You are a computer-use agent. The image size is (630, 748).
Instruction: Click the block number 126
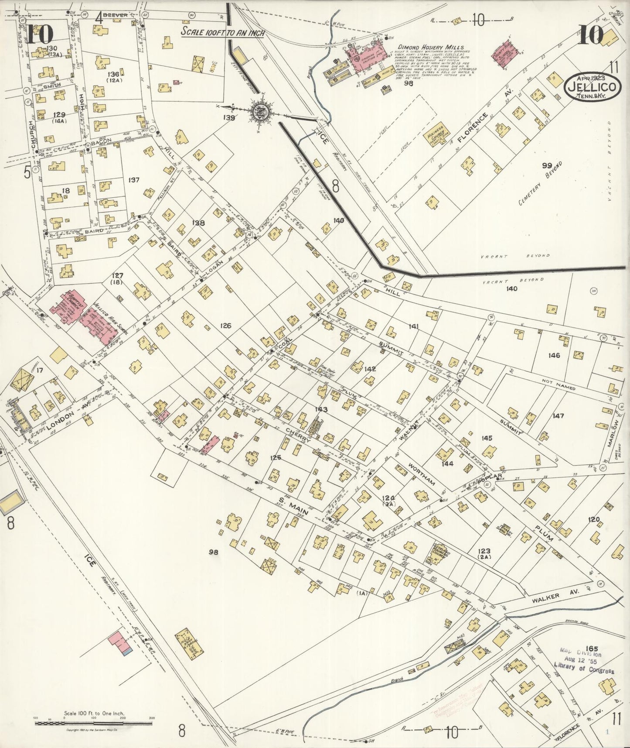[225, 326]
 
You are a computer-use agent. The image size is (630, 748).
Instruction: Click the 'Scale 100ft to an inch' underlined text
[222, 32]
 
